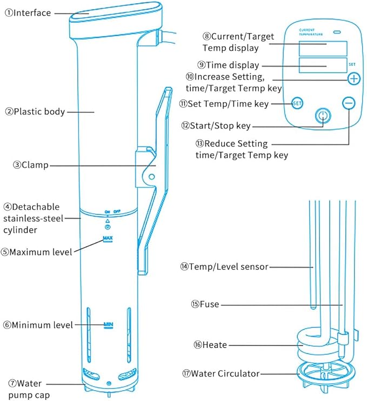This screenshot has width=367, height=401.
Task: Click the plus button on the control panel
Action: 353,78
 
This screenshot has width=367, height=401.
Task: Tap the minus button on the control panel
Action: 349,102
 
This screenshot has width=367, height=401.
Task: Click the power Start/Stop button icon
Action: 323,116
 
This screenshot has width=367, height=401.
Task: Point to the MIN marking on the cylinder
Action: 108,325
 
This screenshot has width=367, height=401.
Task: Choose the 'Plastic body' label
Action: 39,112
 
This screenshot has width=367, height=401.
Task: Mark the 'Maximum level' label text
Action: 37,252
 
